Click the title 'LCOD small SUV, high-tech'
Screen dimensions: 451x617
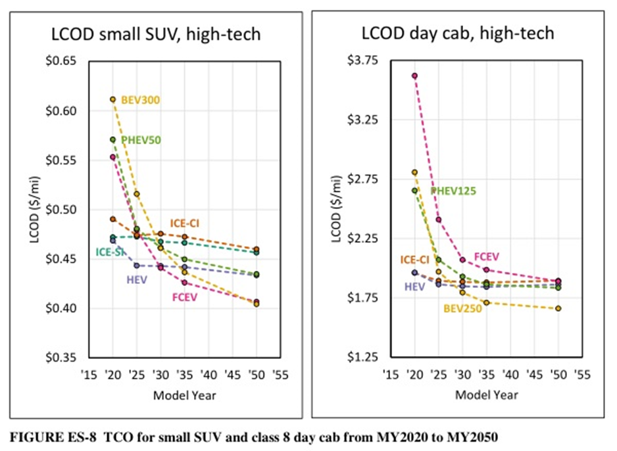156,34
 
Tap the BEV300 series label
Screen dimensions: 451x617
141,100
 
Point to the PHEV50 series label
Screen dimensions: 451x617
141,140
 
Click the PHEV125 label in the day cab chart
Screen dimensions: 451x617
453,191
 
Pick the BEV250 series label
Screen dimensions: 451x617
462,308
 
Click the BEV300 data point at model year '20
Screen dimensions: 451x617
113,99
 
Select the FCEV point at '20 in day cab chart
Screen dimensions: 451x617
414,76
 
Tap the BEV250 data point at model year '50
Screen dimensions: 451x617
558,308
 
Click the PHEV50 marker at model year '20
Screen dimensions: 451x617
113,139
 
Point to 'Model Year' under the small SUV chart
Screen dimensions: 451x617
184,395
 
